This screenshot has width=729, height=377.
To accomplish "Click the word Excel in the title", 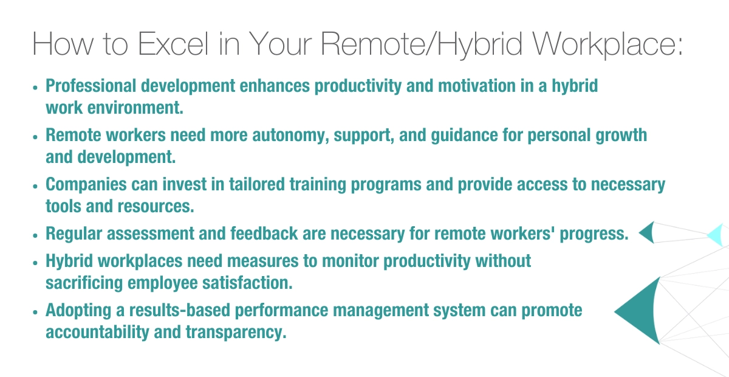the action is pyautogui.click(x=173, y=44).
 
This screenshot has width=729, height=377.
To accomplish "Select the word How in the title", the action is pyautogui.click(x=63, y=44).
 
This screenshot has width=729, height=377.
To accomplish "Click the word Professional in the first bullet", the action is pyautogui.click(x=91, y=86).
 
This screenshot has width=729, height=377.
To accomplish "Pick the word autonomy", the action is pyautogui.click(x=290, y=136).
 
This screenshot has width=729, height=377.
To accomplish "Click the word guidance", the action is pyautogui.click(x=464, y=136).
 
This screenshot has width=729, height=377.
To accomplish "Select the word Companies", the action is pyautogui.click(x=86, y=184).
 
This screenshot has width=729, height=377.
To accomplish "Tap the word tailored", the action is pyautogui.click(x=257, y=184).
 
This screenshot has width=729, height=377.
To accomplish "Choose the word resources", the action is pyautogui.click(x=156, y=206).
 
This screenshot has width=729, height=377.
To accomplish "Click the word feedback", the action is pyautogui.click(x=264, y=233).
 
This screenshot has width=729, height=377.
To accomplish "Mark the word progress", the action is pyautogui.click(x=594, y=234).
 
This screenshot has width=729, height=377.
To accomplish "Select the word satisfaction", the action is pyautogui.click(x=247, y=283).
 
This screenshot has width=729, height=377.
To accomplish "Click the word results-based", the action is pyautogui.click(x=180, y=310).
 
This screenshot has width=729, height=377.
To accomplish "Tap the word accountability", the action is pyautogui.click(x=97, y=332).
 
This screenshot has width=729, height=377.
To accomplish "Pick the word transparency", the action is pyautogui.click(x=236, y=333).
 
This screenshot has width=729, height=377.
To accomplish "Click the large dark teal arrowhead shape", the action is pyautogui.click(x=643, y=311).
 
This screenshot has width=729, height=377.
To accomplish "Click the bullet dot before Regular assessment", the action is pyautogui.click(x=35, y=235).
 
